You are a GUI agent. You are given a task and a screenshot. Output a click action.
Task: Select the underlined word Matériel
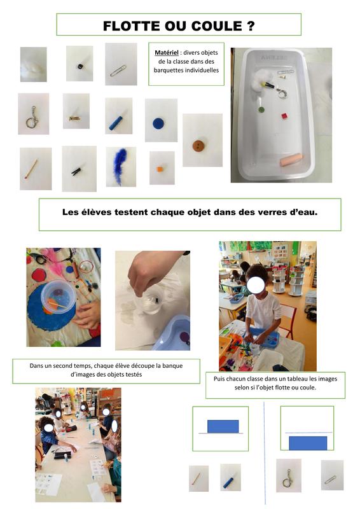[167, 53]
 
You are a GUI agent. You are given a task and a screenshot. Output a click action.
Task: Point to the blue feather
[120, 166]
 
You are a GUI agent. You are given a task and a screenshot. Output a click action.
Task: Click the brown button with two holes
[198, 146]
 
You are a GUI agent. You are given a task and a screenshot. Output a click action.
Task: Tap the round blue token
[158, 123]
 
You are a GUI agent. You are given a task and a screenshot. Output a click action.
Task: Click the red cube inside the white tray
[284, 116]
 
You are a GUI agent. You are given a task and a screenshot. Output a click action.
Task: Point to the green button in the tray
[261, 109]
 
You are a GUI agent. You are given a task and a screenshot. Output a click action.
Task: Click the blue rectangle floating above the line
[223, 426]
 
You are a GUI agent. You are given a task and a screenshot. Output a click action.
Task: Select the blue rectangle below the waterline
[308, 443]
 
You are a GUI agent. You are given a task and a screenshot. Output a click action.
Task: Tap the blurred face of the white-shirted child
[256, 284]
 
